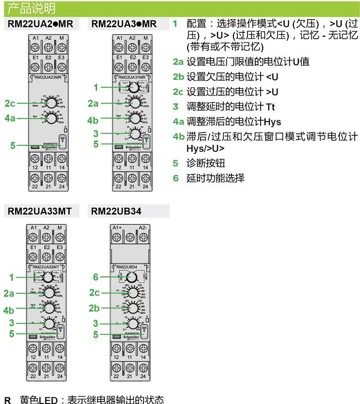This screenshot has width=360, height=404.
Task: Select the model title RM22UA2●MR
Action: (41, 24)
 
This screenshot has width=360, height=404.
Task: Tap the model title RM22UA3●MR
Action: (124, 24)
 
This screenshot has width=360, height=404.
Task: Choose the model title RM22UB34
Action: (116, 211)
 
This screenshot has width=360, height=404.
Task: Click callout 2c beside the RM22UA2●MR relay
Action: (10, 103)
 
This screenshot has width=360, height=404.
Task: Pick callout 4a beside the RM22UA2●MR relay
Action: (10, 118)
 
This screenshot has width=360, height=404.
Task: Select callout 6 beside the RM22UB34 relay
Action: (96, 277)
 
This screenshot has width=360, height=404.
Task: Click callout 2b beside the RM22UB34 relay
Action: (93, 308)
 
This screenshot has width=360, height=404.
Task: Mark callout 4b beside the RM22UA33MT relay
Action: (9, 310)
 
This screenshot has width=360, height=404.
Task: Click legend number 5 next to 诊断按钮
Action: (175, 163)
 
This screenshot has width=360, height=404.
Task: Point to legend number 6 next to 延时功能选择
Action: (175, 178)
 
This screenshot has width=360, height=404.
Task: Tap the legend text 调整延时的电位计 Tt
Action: (231, 107)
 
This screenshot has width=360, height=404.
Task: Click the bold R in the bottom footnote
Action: (7, 399)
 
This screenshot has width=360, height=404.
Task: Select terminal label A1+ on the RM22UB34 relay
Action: (117, 227)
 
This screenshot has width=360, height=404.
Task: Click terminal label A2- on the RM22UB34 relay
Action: (143, 227)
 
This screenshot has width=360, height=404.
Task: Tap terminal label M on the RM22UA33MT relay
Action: (60, 227)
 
